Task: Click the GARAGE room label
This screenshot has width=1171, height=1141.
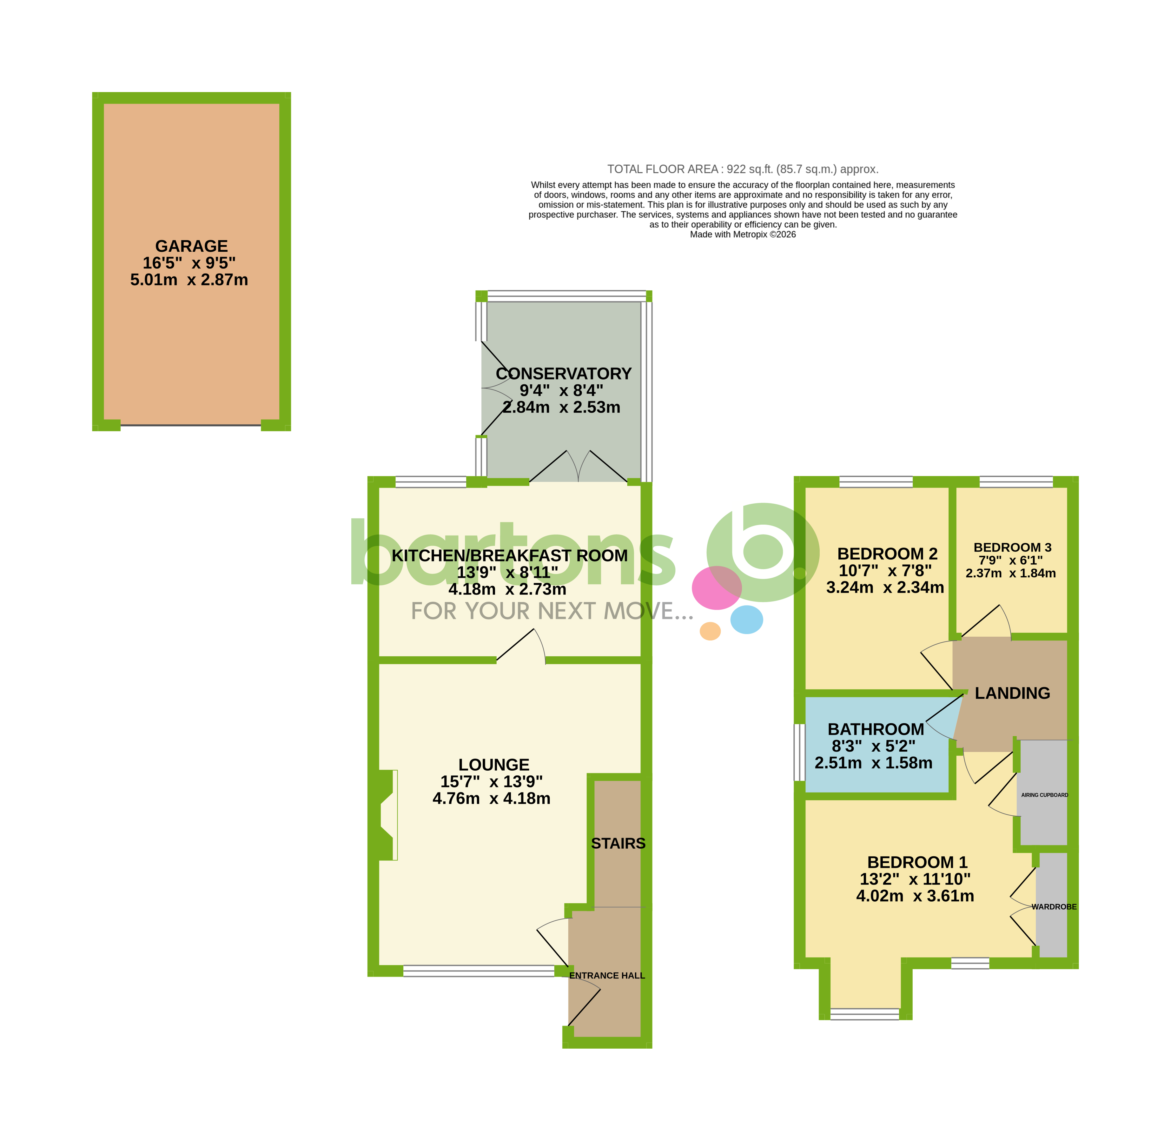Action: [x=191, y=246]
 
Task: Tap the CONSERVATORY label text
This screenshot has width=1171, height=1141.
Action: [x=563, y=374]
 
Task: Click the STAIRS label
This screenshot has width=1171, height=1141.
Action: [x=618, y=843]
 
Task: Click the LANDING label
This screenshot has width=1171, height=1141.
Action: [x=1012, y=693]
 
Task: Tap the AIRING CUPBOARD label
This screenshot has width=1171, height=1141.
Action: [x=1045, y=795]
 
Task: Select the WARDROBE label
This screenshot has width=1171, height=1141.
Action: [x=1054, y=907]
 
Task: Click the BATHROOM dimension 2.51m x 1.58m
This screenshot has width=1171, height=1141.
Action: [x=873, y=763]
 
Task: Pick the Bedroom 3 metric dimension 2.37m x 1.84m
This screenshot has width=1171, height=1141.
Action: [x=1010, y=573]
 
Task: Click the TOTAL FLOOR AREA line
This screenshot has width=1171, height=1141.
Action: [x=743, y=169]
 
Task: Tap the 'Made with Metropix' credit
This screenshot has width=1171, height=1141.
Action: [x=743, y=234]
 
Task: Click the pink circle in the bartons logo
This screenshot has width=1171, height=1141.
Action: [x=716, y=588]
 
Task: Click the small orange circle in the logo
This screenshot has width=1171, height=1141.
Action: [x=710, y=631]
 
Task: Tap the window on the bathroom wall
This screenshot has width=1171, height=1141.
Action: [x=799, y=753]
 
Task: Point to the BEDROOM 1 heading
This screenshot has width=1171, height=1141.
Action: [x=917, y=862]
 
